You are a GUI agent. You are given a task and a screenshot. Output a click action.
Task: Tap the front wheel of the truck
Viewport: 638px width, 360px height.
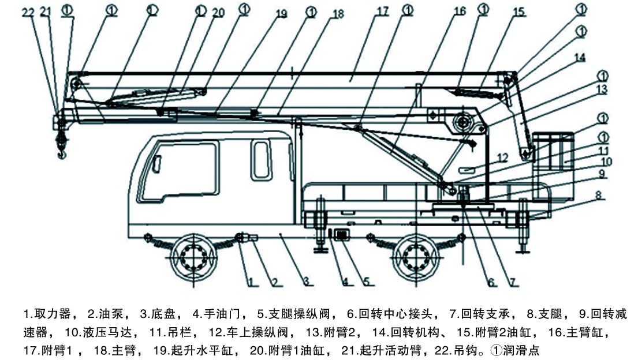193,256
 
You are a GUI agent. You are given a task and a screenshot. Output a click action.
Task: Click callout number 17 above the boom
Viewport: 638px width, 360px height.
383,11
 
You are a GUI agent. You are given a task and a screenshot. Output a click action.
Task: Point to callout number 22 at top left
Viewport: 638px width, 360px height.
28,12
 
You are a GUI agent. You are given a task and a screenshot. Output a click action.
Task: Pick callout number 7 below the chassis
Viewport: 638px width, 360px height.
513,282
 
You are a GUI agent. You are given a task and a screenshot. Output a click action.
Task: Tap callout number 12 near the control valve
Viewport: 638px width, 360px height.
503,157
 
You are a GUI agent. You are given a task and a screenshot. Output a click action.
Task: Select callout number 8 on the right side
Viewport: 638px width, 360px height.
598,195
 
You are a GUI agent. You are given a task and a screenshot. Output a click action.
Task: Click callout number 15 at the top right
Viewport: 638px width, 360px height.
518,12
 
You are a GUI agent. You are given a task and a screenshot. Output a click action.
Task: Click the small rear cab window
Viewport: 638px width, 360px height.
261,160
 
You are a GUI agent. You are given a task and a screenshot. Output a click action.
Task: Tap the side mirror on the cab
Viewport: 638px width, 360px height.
156,164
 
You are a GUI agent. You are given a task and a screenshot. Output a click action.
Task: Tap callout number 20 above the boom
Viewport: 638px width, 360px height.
218,13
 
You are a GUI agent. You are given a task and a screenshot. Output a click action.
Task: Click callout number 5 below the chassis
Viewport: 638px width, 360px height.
366,281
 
